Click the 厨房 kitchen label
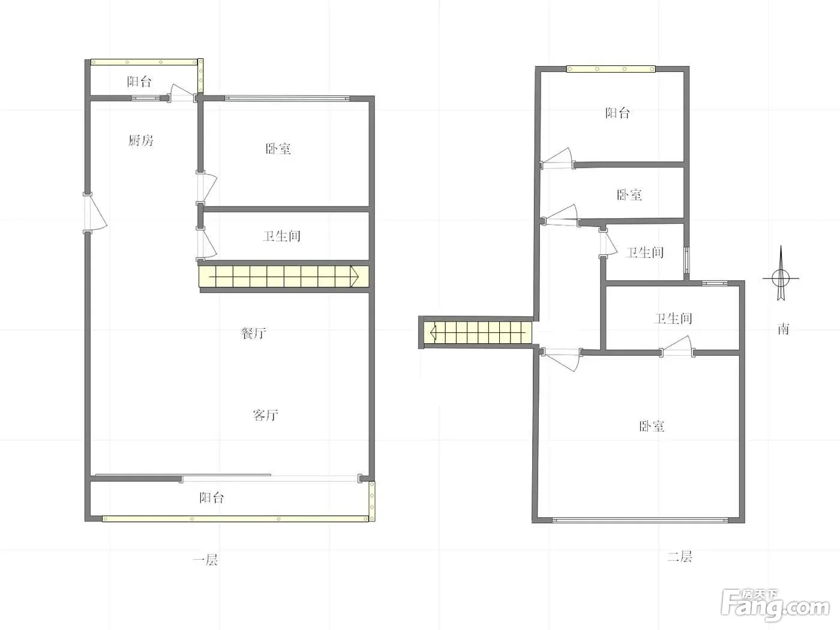tap(141, 141)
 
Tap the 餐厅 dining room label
tap(253, 333)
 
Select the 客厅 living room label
tap(266, 415)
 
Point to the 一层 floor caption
tap(206, 560)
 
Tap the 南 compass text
tap(784, 329)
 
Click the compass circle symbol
tap(781, 278)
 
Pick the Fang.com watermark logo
tap(775, 608)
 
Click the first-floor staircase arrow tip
tap(358, 276)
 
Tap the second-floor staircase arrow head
tap(431, 332)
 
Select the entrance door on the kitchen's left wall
tap(95, 213)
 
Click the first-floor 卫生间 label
tap(281, 236)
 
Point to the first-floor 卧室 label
tap(278, 148)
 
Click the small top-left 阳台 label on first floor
tap(139, 82)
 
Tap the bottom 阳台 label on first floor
tap(212, 497)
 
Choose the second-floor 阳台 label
tap(617, 113)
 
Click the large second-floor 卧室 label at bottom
tap(652, 426)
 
